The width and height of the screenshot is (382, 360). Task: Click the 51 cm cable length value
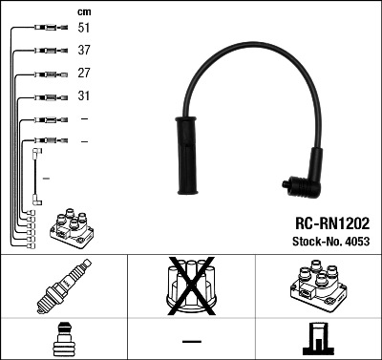(x=83, y=29)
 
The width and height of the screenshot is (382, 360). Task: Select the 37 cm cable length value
(x=83, y=51)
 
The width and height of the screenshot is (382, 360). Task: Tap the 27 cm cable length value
(x=83, y=74)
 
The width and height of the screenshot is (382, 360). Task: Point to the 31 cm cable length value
(x=83, y=96)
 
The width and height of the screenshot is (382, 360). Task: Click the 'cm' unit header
(x=83, y=11)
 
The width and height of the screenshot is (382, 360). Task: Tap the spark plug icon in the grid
(x=63, y=287)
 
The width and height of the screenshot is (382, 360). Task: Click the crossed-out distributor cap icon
(x=191, y=286)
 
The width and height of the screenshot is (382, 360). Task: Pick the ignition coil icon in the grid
(x=317, y=286)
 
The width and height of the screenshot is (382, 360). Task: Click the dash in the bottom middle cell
(x=191, y=340)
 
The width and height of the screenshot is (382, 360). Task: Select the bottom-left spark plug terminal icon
(x=63, y=339)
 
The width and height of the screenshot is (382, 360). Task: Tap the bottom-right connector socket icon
(x=317, y=339)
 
